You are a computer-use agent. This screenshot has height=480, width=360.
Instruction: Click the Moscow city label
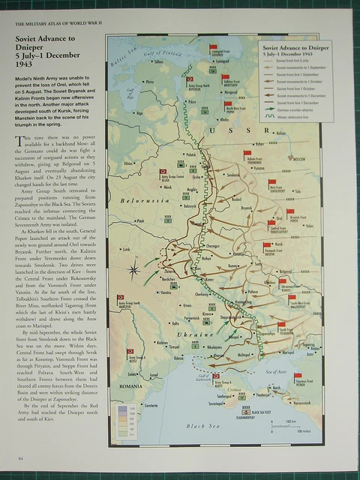(x=298, y=160)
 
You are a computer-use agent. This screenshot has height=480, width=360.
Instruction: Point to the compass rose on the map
(x=133, y=268)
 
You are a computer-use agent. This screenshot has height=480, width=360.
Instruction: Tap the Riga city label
(x=138, y=112)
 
